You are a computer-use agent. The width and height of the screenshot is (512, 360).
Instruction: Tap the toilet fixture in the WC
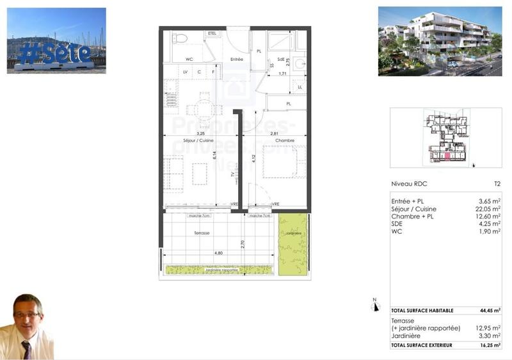pyautogui.click(x=180, y=39)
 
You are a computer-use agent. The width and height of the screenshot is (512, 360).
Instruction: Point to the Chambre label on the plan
pyautogui.click(x=284, y=140)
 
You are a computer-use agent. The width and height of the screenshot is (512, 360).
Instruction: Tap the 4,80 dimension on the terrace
pyautogui.click(x=218, y=253)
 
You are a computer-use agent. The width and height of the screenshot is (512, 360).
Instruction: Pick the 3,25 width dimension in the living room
pyautogui.click(x=190, y=133)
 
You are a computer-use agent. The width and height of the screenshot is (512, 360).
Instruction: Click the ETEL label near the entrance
pyautogui.click(x=212, y=33)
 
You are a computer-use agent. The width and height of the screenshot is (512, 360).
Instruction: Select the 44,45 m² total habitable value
pyautogui.click(x=490, y=309)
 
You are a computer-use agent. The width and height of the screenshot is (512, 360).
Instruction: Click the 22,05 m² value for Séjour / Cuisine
pyautogui.click(x=488, y=209)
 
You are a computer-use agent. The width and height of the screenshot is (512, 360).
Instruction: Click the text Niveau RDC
pyautogui.click(x=409, y=184)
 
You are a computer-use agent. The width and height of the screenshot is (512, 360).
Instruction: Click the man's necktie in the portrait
pyautogui.click(x=26, y=350)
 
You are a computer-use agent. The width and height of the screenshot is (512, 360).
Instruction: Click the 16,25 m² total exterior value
pyautogui.click(x=490, y=345)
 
